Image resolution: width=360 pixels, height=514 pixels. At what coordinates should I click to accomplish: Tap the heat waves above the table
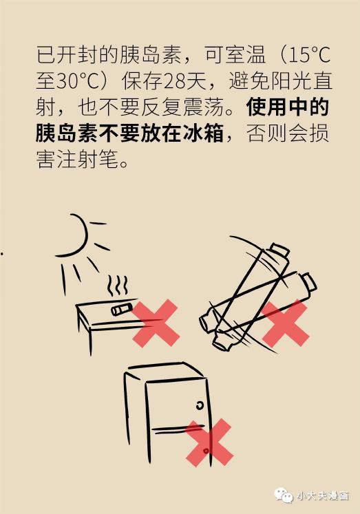[118, 286]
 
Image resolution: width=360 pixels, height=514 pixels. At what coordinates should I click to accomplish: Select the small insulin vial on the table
[122, 309]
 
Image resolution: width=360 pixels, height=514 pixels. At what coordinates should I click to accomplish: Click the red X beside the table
[156, 323]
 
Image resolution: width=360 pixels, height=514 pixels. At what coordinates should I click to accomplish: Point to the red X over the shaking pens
[285, 323]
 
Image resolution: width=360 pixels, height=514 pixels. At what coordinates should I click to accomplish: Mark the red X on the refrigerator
[209, 442]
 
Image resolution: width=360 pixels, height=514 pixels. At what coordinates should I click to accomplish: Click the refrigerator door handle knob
[200, 406]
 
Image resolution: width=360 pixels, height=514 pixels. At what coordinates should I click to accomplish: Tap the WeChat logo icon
[284, 495]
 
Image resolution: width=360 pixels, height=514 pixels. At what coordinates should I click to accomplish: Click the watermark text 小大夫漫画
[323, 495]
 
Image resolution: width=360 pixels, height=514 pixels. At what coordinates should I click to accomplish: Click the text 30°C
[77, 81]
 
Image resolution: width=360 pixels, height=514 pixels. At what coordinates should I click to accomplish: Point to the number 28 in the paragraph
[173, 81]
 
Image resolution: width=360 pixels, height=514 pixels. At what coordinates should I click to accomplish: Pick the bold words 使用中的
[287, 107]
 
